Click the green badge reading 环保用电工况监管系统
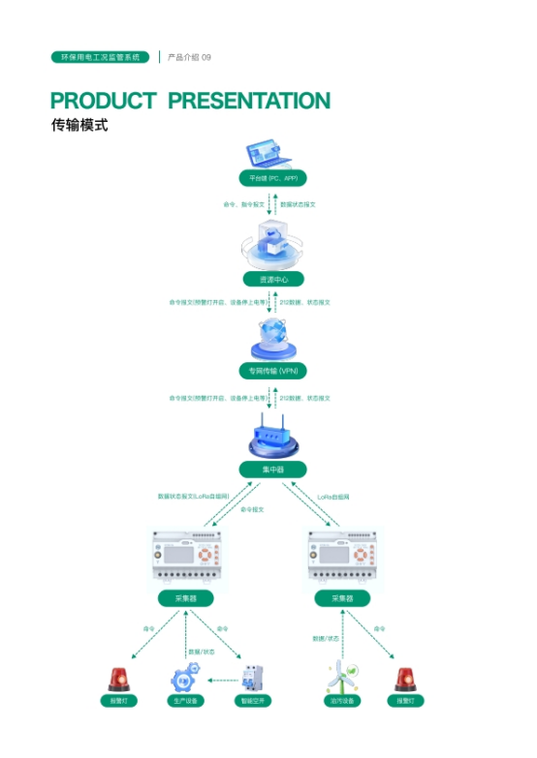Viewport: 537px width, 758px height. point(100,57)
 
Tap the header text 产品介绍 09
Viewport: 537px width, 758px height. point(189,57)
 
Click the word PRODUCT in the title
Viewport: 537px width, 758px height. point(103,101)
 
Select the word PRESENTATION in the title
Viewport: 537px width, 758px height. point(249,101)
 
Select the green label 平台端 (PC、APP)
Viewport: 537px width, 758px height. point(272,178)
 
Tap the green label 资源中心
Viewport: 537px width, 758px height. point(272,279)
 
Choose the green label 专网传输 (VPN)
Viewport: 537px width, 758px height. point(272,371)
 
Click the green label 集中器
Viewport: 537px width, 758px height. point(272,470)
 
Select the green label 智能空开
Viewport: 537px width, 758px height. point(253,700)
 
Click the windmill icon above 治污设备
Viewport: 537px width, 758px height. point(341,676)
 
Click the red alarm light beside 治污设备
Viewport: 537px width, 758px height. point(404,678)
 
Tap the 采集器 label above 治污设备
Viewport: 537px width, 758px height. point(342,598)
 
